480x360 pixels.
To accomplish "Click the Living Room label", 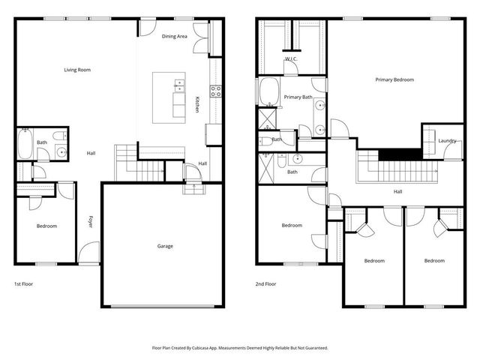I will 77,70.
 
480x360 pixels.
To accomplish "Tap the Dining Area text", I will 175,36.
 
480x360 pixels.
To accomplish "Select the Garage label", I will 165,246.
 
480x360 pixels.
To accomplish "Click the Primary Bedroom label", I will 394,79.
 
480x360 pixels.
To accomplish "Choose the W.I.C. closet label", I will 291,58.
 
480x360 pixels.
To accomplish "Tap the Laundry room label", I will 447,140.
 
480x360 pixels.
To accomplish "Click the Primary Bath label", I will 298,97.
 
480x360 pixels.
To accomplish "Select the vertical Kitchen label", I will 197,104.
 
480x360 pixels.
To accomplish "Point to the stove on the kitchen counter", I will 216,91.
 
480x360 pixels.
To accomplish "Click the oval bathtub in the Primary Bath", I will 268,93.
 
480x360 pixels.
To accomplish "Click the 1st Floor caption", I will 23,284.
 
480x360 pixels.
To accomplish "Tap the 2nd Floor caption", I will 266,284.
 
